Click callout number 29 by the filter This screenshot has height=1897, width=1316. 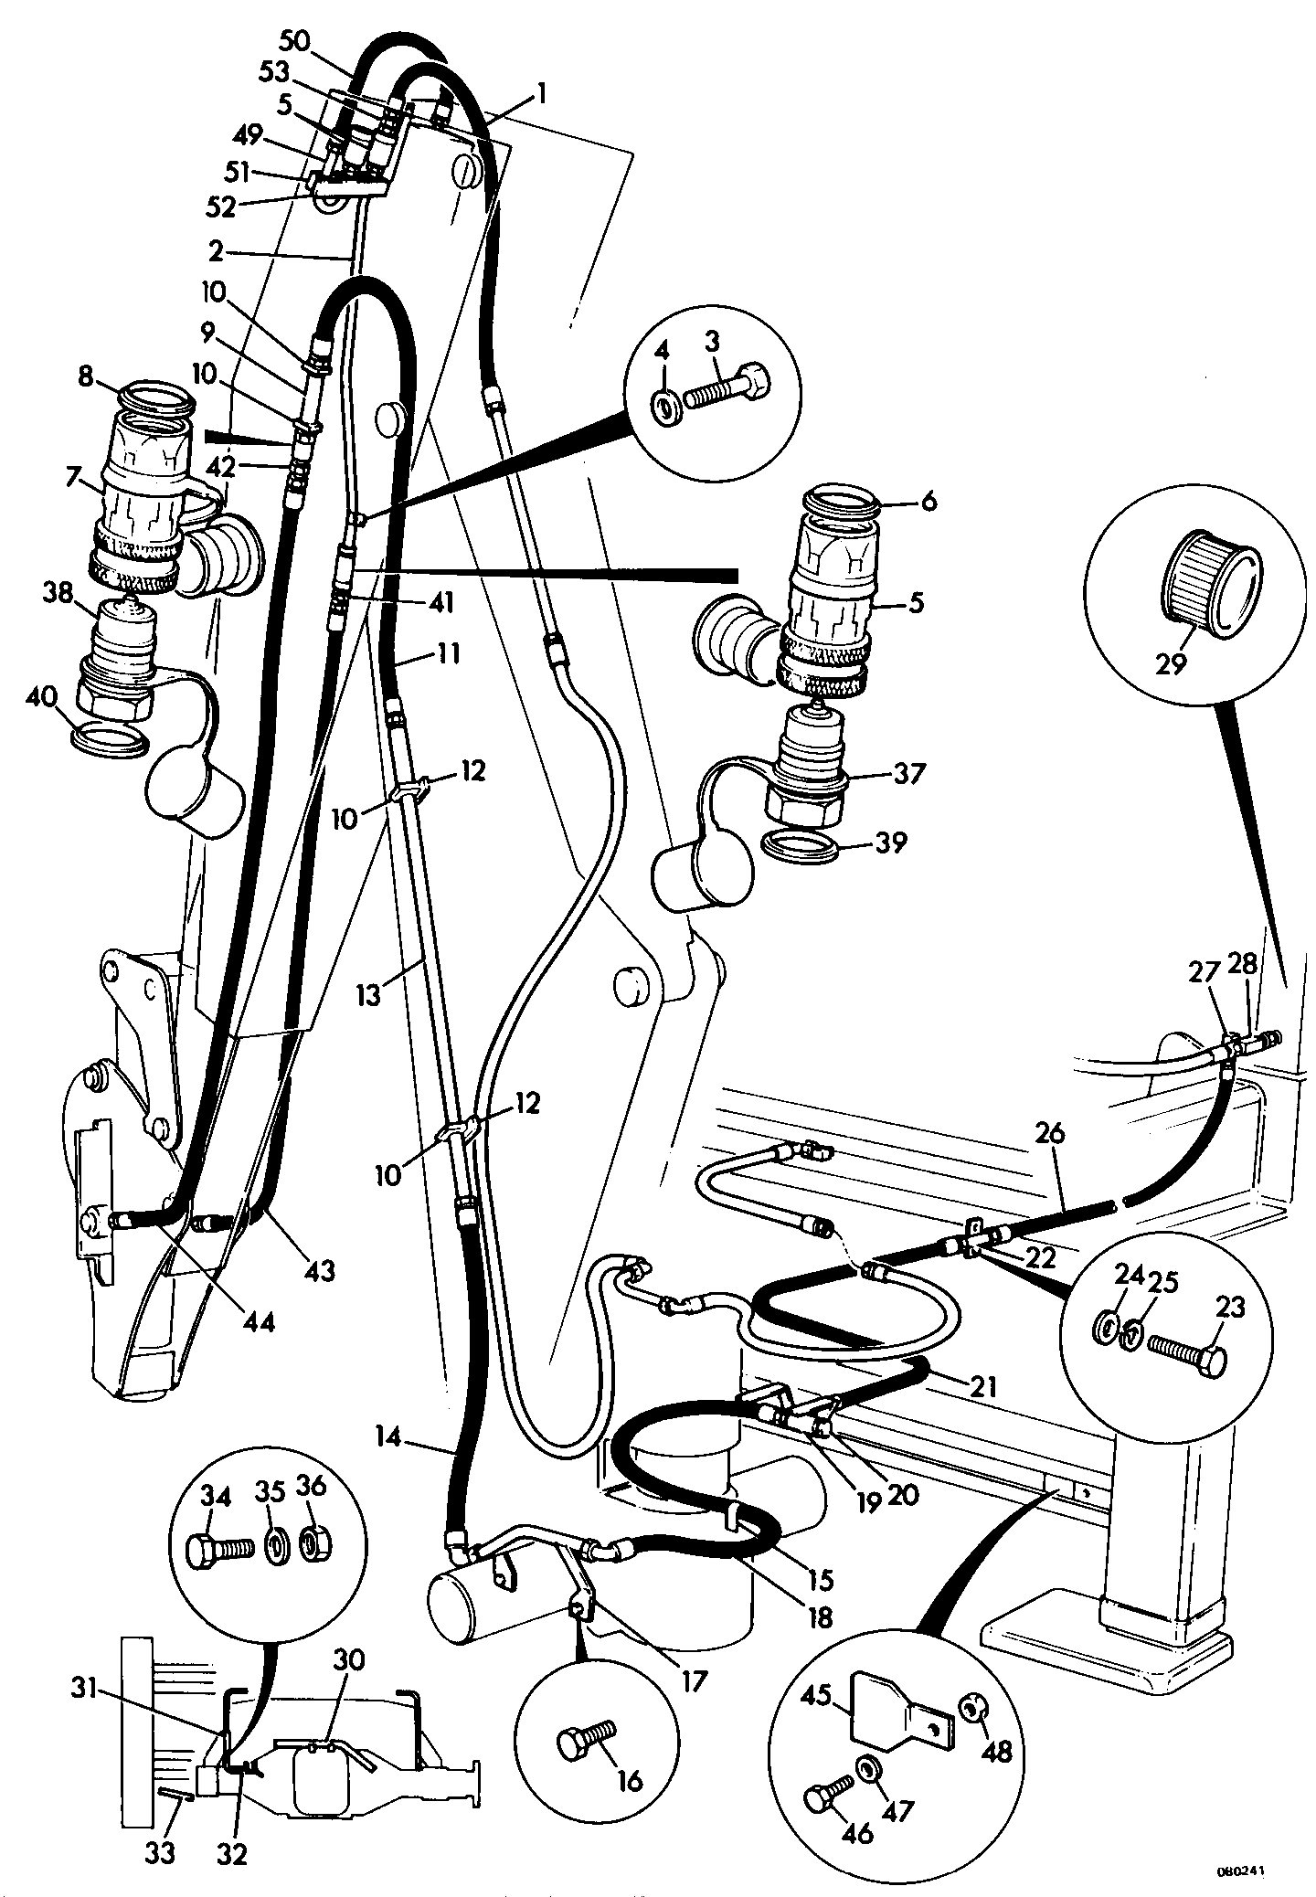point(1171,662)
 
